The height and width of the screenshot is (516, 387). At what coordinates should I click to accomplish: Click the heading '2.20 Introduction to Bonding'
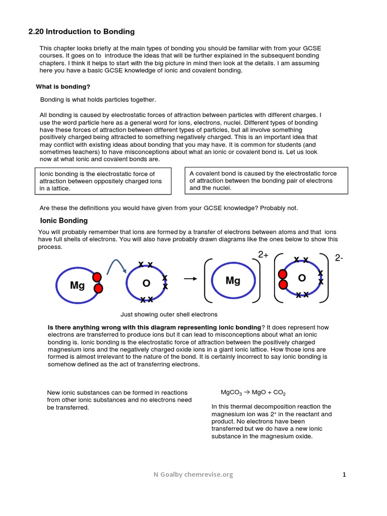point(81,32)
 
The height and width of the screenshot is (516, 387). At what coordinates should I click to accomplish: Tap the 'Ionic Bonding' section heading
point(63,221)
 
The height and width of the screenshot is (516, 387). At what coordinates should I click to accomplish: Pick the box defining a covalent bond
point(266,180)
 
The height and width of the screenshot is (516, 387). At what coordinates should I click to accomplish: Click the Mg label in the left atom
point(77,286)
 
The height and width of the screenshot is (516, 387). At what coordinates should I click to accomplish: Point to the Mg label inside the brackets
point(233,281)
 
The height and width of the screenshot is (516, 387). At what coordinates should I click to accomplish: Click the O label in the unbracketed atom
point(147,283)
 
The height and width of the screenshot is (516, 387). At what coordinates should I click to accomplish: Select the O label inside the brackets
point(302,278)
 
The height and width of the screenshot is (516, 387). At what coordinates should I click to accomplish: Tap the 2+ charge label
point(264,255)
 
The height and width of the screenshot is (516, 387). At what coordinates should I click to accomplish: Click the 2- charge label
point(339,258)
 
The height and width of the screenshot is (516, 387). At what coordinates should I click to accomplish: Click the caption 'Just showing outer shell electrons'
point(169,314)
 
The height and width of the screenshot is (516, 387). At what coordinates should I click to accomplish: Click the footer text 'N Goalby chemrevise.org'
point(193,475)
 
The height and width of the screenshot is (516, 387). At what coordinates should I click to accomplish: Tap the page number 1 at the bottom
point(344,475)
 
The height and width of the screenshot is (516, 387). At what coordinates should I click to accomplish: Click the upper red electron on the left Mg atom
point(97,277)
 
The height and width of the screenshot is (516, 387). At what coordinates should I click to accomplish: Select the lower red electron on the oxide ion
point(283,285)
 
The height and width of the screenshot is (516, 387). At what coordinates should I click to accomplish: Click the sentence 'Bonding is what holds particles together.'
point(98,100)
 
